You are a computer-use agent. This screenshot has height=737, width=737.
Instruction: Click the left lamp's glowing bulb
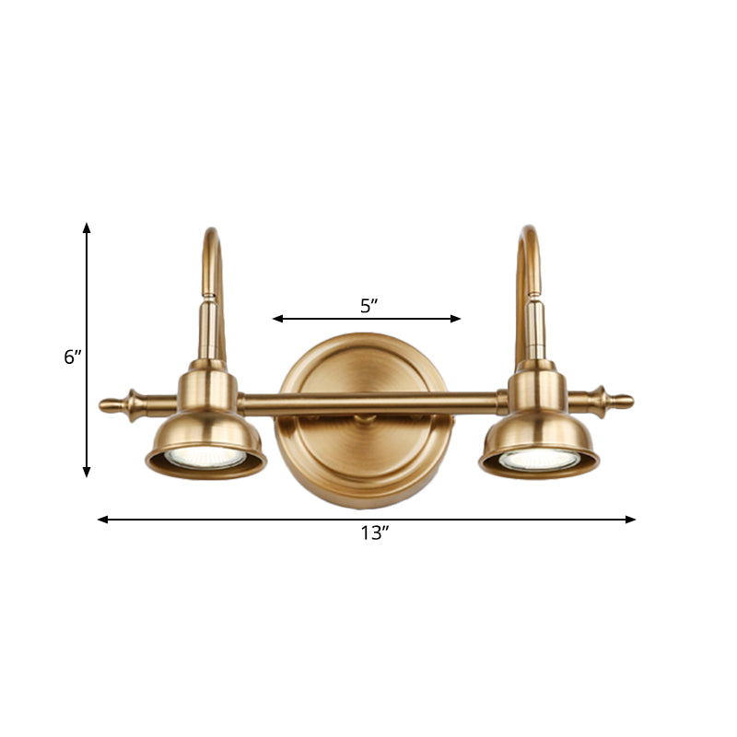coord(205,457)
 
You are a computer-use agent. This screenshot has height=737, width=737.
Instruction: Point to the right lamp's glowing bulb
coord(540,458)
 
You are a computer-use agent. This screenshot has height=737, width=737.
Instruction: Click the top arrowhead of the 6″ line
coord(88,227)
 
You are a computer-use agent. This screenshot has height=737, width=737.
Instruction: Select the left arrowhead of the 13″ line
coord(102,520)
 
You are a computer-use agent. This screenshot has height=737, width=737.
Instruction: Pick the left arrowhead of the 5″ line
coord(276,319)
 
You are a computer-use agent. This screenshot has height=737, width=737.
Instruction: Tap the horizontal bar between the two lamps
coord(368,402)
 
